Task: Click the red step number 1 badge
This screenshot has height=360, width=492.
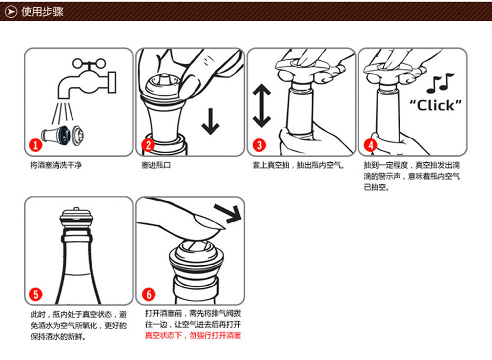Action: point(35,145)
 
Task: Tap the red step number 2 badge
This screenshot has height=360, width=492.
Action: point(148,145)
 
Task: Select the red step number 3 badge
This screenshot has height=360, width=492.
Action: point(259,145)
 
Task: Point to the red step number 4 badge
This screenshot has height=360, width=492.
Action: point(371,145)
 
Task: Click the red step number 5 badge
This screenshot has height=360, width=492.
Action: point(35,294)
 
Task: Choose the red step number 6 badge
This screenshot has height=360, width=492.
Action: point(149,294)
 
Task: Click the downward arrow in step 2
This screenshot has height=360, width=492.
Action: point(210,121)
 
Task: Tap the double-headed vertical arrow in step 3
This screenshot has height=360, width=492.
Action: point(261,106)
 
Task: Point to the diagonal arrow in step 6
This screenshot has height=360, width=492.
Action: point(228,213)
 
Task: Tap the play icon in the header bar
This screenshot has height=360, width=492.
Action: point(11,12)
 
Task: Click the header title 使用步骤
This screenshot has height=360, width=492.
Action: point(42,12)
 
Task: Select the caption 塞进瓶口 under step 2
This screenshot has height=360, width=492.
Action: point(156,165)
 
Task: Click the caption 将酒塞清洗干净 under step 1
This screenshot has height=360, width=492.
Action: point(56,165)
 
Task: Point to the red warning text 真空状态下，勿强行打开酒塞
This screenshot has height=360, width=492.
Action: point(193,335)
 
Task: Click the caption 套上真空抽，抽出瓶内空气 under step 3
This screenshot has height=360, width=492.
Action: point(298,165)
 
